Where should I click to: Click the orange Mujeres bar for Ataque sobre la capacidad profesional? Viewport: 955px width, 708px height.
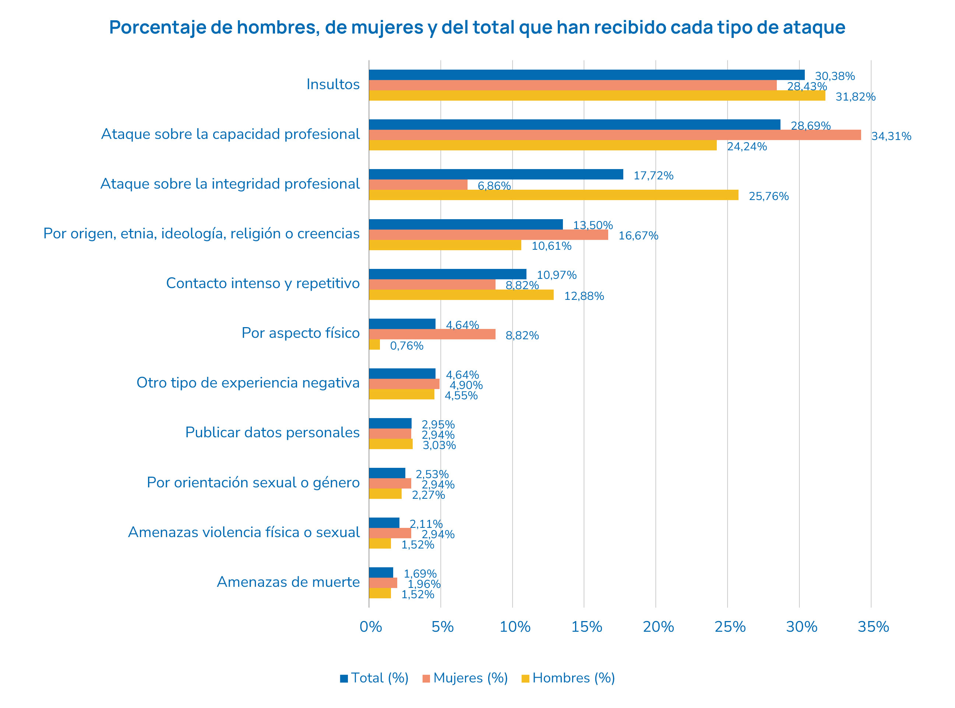coord(614,135)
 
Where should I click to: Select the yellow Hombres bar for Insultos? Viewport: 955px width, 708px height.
coord(596,95)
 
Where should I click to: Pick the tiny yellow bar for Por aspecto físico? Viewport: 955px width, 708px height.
coord(374,344)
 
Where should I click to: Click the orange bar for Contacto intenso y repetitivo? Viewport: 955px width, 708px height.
coord(432,285)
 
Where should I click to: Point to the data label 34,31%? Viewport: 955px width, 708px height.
coord(891,136)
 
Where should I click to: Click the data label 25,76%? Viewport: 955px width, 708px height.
coord(768,196)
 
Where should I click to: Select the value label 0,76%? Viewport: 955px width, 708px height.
coord(406,346)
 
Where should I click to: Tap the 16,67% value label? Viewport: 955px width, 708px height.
coord(638,236)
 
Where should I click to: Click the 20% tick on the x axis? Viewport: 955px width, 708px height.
coord(658,627)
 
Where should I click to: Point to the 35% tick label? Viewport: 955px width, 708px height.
coord(873,627)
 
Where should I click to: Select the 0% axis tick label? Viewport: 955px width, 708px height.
coord(370,627)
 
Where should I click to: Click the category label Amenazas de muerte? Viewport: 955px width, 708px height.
coord(288,582)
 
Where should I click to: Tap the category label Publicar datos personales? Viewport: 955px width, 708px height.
coord(272,432)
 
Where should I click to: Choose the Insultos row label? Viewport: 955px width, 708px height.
coord(333,84)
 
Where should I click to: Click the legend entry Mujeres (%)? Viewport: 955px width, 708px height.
coord(470,678)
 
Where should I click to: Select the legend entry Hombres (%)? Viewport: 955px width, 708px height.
coord(573,678)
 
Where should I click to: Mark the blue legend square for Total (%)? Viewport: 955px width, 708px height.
coord(344,679)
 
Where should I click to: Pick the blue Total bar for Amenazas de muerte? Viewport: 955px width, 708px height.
coord(381,572)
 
